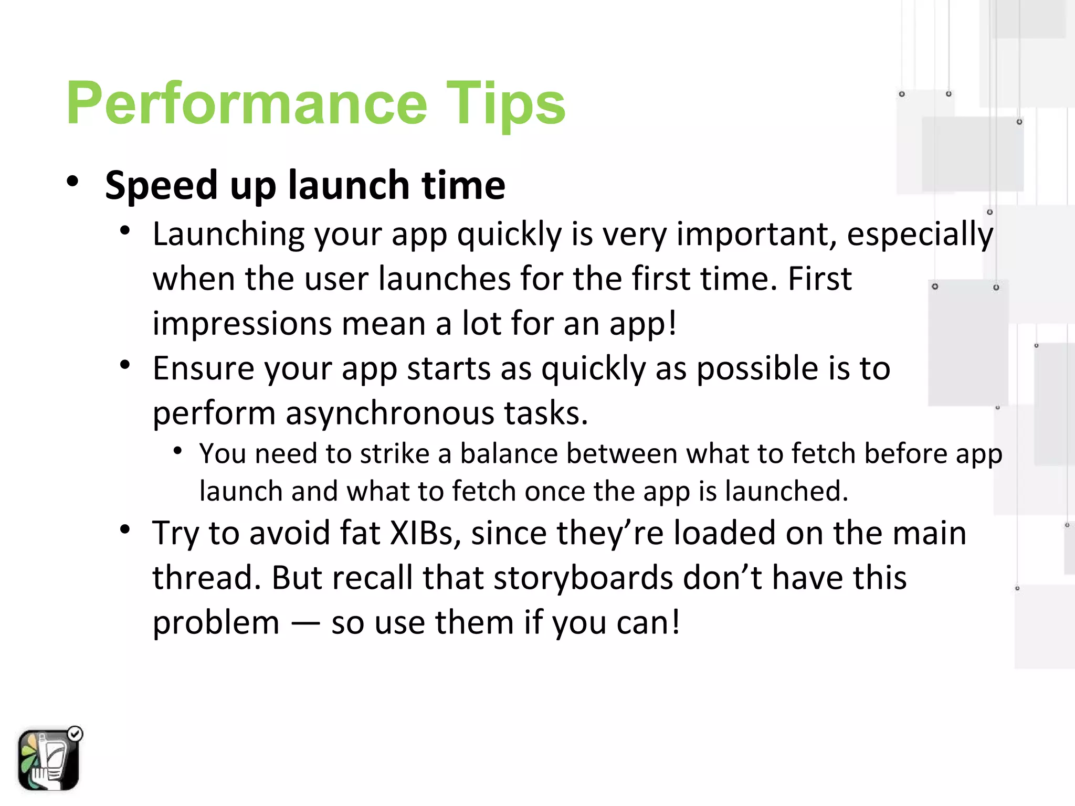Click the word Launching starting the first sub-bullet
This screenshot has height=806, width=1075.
(229, 234)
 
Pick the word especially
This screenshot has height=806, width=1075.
(920, 234)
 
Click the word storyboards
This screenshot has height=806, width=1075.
(583, 578)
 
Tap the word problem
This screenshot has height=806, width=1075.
(216, 623)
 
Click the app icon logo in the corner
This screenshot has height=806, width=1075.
(48, 759)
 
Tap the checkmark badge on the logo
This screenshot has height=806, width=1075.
(76, 734)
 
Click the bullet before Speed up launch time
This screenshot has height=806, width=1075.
(72, 182)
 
